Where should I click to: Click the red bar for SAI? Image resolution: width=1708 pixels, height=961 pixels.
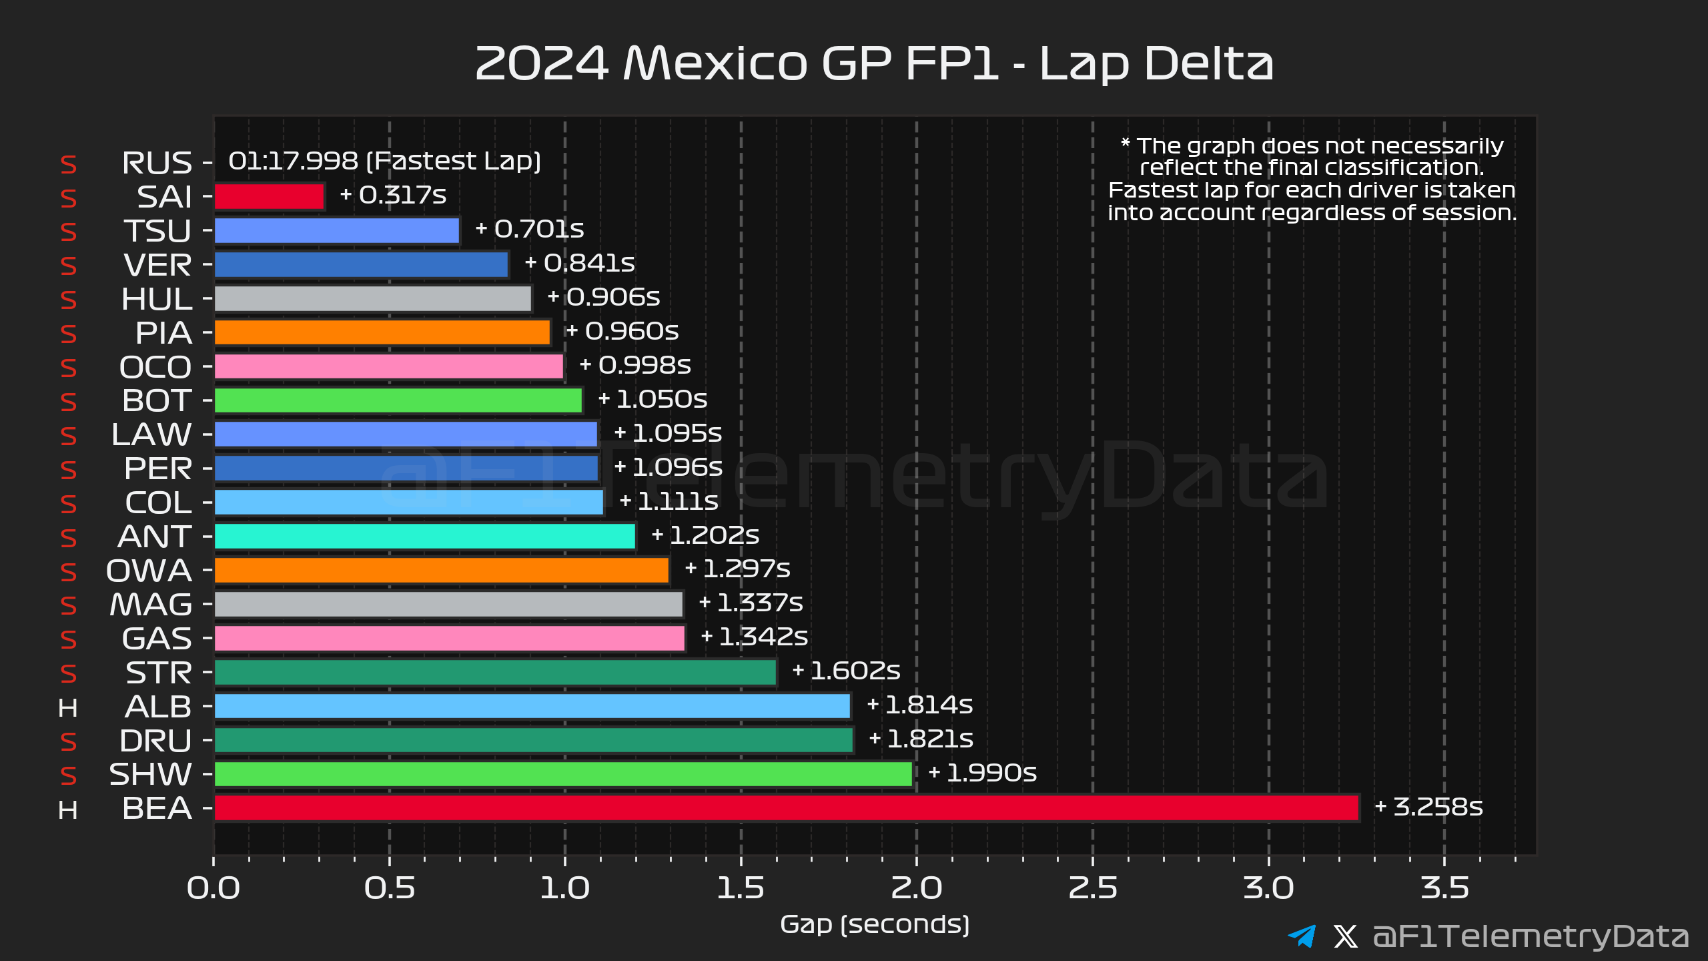[x=270, y=197]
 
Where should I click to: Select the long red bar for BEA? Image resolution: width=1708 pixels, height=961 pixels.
[x=787, y=808]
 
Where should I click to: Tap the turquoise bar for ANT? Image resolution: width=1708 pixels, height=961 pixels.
[x=425, y=536]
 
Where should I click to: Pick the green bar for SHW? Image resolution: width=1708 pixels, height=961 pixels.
[x=563, y=774]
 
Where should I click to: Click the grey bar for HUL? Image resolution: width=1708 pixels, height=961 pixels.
[x=373, y=298]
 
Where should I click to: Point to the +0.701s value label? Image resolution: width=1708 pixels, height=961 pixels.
[x=530, y=229]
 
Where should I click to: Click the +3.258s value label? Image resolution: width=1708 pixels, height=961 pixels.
[x=1428, y=807]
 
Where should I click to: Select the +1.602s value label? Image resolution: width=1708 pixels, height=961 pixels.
[x=846, y=671]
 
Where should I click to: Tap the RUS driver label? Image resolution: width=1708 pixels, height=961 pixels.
[x=157, y=164]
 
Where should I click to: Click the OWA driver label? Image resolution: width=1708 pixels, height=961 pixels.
[x=149, y=571]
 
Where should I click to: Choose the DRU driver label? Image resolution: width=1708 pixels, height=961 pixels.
[x=156, y=741]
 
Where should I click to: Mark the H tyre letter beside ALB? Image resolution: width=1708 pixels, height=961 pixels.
[x=68, y=708]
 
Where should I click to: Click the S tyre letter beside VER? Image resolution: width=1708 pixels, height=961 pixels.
[x=68, y=266]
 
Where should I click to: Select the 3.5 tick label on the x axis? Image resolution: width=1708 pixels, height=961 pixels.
[x=1445, y=888]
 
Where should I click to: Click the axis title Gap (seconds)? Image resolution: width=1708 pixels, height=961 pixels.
[x=875, y=925]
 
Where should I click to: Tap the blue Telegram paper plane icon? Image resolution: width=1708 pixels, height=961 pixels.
[x=1302, y=936]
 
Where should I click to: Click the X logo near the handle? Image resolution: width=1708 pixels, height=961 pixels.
[x=1346, y=936]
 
